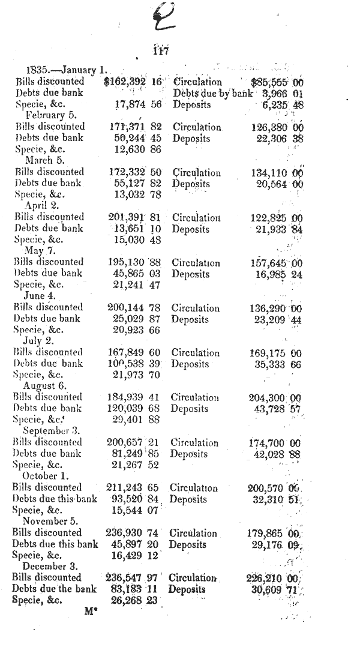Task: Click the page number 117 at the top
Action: click(160, 51)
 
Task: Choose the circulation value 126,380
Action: click(271, 127)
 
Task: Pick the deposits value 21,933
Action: click(271, 229)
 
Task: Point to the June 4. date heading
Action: click(42, 296)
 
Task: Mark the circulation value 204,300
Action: click(268, 397)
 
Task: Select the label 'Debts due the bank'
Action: click(55, 589)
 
